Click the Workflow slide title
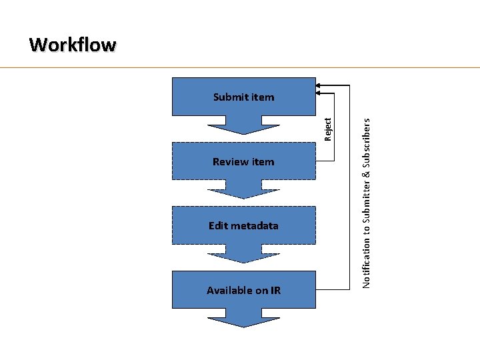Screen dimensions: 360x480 click(73, 45)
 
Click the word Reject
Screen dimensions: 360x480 click(327, 129)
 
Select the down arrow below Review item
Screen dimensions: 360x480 click(243, 190)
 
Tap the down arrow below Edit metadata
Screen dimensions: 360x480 click(243, 254)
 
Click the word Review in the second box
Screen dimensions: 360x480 click(229, 161)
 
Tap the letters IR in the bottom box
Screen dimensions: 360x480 click(275, 291)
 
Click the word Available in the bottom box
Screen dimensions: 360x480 click(229, 291)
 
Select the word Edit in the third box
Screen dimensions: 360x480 click(217, 226)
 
